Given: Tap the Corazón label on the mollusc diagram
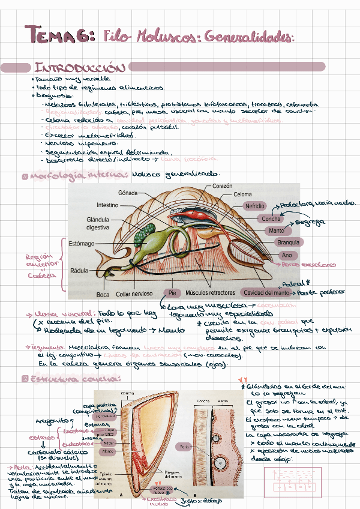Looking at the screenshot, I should (x=222, y=187).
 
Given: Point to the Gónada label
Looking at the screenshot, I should (x=129, y=193).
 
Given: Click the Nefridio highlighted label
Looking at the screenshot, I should (x=254, y=206).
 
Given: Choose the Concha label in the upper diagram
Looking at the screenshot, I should (x=271, y=219).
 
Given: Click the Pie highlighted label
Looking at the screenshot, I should (x=172, y=292).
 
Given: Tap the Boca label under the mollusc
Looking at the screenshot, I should (x=103, y=294).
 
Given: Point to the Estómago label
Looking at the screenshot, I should (x=82, y=244).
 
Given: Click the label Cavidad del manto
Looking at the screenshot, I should (x=266, y=292).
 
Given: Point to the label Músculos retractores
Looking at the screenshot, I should (x=210, y=292).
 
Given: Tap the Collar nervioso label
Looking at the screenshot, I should (x=135, y=294).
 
